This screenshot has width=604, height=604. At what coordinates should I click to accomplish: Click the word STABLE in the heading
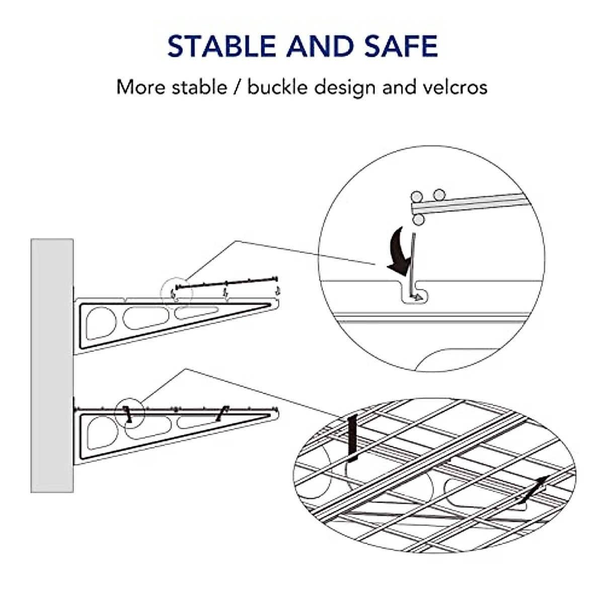click(222, 46)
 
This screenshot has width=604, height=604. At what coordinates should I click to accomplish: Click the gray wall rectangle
click(52, 365)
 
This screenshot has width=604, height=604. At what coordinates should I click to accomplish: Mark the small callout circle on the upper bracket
click(176, 291)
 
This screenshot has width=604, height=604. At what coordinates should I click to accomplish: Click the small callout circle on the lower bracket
click(129, 414)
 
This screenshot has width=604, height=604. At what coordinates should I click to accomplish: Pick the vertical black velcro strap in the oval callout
click(353, 438)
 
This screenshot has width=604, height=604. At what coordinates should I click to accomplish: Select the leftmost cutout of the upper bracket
click(101, 323)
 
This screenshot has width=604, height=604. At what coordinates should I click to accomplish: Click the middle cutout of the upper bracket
click(146, 318)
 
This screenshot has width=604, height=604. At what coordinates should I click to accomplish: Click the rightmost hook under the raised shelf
click(277, 290)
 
